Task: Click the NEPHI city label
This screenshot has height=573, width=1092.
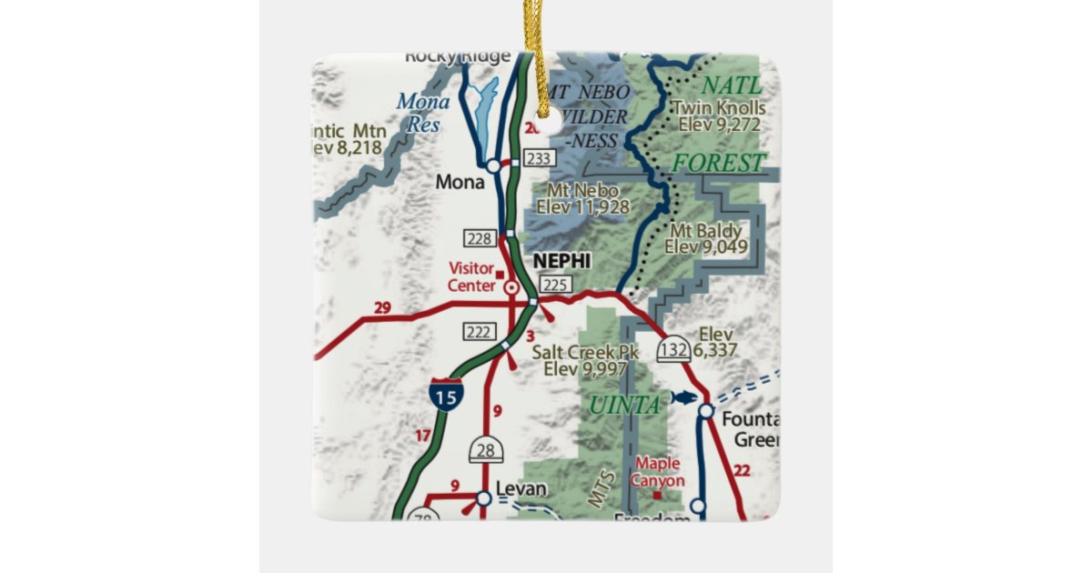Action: click(x=561, y=261)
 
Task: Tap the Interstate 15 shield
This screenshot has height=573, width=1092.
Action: click(x=446, y=394)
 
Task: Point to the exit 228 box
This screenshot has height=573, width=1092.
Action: click(x=480, y=239)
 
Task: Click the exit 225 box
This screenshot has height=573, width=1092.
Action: click(x=555, y=286)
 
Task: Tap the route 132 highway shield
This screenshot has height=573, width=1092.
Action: click(x=673, y=347)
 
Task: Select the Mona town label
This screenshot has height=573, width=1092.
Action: click(x=460, y=182)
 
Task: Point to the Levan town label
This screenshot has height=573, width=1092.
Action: click(x=521, y=489)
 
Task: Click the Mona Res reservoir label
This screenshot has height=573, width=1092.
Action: click(x=423, y=113)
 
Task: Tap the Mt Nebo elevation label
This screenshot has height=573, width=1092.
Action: click(x=582, y=198)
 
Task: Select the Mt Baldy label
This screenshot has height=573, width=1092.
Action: click(x=703, y=238)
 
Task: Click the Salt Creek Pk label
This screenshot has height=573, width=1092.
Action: click(x=586, y=360)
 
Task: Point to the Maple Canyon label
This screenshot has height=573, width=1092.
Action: click(x=659, y=472)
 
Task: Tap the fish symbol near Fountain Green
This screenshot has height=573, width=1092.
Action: click(x=682, y=397)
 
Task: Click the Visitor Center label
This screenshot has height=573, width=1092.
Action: click(x=471, y=276)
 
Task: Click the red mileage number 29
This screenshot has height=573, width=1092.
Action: click(x=382, y=308)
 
